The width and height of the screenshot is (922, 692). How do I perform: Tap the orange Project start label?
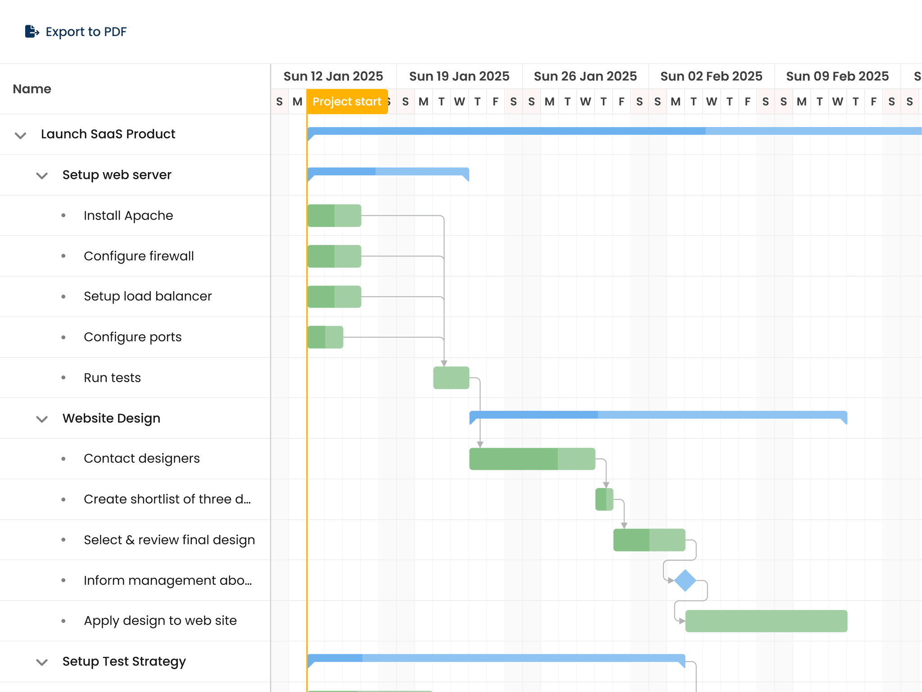(347, 102)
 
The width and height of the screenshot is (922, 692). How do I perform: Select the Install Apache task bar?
(334, 216)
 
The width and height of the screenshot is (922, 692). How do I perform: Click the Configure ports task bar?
(325, 337)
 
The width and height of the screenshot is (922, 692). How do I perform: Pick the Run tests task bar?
(451, 378)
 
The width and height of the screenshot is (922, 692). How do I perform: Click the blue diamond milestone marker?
(685, 580)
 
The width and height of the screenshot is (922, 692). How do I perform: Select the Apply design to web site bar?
(766, 621)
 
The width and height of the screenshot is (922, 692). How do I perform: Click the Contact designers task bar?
(532, 459)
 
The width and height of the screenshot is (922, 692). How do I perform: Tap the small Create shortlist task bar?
(604, 499)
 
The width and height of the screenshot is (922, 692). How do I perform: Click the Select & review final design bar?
(649, 540)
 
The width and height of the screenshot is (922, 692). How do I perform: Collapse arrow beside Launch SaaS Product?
(20, 135)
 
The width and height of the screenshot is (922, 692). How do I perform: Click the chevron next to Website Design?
(42, 419)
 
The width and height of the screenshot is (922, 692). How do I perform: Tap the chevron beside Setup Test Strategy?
(42, 662)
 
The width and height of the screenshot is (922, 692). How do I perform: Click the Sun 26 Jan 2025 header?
(585, 76)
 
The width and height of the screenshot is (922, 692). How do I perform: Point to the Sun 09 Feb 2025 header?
(837, 76)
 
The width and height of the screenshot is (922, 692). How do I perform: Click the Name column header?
(32, 89)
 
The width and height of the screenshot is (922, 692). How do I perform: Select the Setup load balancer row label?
(148, 296)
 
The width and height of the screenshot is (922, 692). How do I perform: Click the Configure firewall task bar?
(334, 256)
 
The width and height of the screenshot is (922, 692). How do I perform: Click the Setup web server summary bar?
(388, 172)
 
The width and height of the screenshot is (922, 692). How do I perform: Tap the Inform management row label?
(167, 580)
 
